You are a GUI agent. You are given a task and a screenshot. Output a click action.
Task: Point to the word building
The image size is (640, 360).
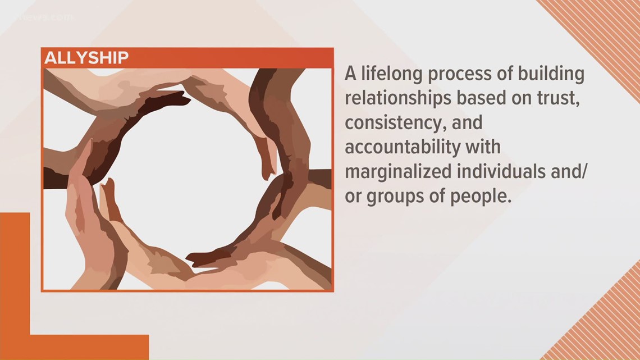[x=552, y=74]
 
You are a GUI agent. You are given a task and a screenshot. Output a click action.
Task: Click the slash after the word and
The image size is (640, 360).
[x=584, y=172]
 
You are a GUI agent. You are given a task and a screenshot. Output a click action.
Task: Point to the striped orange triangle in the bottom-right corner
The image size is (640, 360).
[x=612, y=331]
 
